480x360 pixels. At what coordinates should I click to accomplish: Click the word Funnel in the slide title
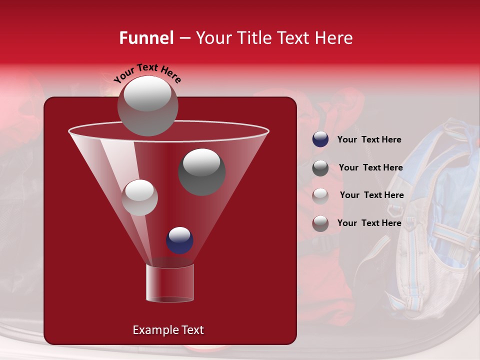click(x=146, y=38)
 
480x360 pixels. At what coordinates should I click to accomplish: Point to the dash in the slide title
click(x=184, y=38)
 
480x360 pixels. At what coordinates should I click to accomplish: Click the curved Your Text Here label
click(x=147, y=73)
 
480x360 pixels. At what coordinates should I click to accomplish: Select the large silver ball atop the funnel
click(x=147, y=105)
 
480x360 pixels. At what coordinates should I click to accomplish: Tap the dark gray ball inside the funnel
click(x=201, y=171)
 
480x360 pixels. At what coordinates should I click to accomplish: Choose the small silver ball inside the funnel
click(x=139, y=197)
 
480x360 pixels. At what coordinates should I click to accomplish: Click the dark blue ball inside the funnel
click(x=179, y=240)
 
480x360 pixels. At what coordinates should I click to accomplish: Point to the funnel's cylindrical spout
click(x=169, y=283)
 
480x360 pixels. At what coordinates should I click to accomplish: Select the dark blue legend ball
click(x=320, y=139)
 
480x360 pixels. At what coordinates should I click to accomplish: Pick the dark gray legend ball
click(x=320, y=168)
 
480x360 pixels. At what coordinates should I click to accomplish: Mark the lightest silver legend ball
click(x=320, y=196)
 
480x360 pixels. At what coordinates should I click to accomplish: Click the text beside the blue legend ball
click(x=369, y=139)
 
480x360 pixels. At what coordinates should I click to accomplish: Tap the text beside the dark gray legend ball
click(x=370, y=167)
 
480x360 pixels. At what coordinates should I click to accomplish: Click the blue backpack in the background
click(x=435, y=220)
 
